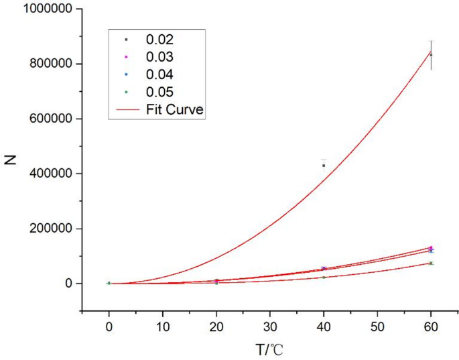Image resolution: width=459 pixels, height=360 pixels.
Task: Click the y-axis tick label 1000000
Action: click(45, 9)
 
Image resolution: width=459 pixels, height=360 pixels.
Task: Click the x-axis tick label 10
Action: click(162, 328)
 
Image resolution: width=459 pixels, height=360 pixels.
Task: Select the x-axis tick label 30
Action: click(269, 328)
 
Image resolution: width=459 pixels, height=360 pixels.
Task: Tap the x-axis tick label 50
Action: click(377, 328)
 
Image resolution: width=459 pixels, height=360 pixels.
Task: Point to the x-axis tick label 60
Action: click(431, 328)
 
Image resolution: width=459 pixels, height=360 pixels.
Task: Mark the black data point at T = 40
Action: click(324, 166)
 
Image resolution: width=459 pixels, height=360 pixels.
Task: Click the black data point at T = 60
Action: click(431, 54)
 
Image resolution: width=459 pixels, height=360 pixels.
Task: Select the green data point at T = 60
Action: click(431, 263)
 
